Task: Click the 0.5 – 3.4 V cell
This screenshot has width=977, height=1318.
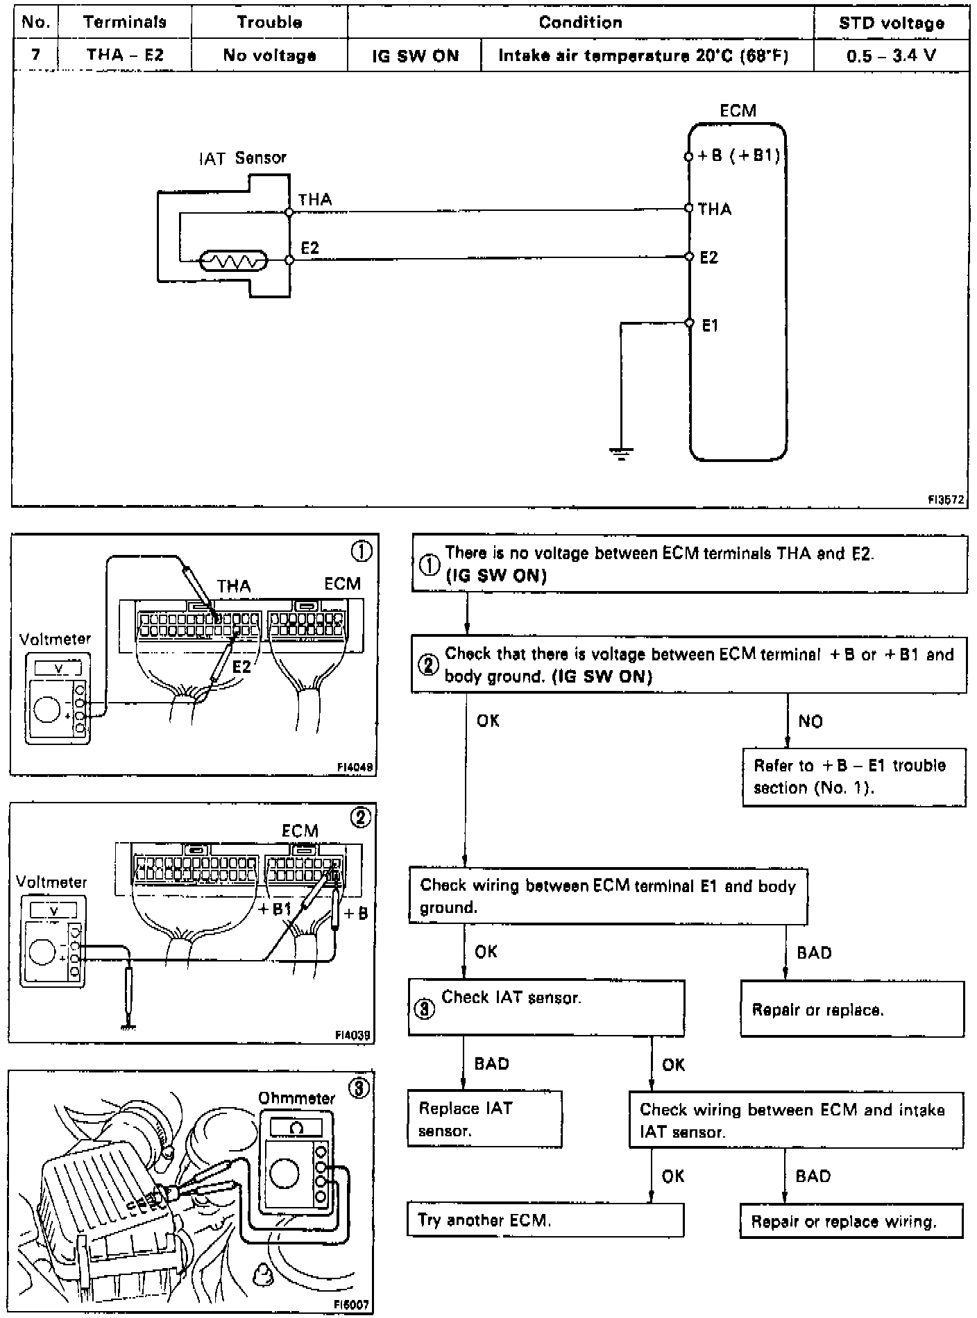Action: coord(891,55)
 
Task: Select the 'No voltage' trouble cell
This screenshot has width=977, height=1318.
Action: coord(269,55)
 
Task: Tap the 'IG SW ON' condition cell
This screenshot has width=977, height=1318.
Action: coord(415,55)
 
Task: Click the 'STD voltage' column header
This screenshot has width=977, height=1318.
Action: coord(891,23)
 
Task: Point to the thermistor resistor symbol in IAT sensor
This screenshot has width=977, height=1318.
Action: coord(233,261)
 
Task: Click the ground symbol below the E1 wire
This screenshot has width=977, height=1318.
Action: coord(620,454)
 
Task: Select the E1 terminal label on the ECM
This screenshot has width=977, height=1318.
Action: coord(710,325)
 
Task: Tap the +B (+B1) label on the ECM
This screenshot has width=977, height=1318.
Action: coord(738,155)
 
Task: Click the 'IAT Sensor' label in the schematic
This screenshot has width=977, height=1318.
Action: coord(242,158)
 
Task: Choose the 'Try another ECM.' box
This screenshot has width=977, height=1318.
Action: coord(545,1220)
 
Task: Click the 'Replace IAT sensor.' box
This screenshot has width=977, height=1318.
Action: coord(484,1119)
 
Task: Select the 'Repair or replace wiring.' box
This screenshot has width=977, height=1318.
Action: coord(851,1221)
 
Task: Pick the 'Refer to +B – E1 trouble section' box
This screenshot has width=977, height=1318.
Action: coord(853,776)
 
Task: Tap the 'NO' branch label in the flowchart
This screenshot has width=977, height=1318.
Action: coord(810,721)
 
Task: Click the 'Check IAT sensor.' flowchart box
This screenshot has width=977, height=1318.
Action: coord(546,1007)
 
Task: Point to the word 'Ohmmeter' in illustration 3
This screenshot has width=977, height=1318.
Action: coord(296,1098)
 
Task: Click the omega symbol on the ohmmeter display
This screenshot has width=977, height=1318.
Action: coord(296,1129)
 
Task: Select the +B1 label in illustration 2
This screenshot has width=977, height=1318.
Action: coord(275,909)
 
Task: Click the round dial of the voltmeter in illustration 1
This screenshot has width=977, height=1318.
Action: coord(47,710)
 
